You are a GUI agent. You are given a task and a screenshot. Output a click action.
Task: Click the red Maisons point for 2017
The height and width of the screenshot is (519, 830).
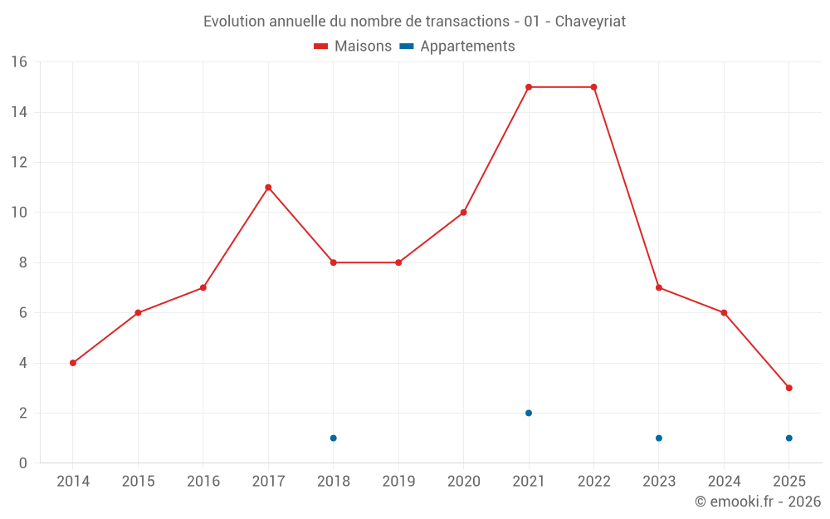tap(268, 188)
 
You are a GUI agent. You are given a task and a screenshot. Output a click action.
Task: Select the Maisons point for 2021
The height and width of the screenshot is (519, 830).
tap(529, 87)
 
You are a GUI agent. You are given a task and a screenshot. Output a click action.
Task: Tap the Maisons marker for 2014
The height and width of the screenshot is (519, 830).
tap(73, 363)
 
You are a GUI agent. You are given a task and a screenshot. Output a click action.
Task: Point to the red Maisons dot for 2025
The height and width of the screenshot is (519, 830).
tap(788, 388)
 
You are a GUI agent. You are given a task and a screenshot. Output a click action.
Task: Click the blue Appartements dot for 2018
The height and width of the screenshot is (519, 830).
tap(333, 438)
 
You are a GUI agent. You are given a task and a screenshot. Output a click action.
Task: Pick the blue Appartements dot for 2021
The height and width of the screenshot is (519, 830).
tap(529, 413)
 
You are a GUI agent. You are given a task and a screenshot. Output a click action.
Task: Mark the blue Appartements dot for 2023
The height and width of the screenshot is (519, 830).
tap(659, 438)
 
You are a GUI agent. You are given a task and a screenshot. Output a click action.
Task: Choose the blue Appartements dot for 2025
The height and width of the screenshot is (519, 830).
tap(788, 438)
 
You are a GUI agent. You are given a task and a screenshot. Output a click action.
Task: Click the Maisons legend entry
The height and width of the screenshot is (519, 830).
tap(353, 47)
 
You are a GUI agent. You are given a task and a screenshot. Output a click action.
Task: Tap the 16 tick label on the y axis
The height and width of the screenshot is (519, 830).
tap(18, 62)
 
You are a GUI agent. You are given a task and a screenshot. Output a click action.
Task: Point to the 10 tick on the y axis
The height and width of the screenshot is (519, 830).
tap(18, 213)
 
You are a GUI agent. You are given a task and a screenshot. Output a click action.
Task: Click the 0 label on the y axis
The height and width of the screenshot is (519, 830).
tap(22, 463)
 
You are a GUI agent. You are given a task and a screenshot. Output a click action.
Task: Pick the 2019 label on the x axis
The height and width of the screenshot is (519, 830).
tap(398, 482)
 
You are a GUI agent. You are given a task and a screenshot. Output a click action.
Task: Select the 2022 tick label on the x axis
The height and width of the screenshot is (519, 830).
tap(593, 482)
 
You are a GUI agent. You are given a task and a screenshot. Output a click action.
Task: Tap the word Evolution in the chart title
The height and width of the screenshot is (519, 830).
tap(234, 22)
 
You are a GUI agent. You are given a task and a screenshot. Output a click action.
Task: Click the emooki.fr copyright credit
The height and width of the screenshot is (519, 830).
tap(757, 502)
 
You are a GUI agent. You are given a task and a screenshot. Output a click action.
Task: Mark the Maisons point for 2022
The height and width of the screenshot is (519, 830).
tap(593, 87)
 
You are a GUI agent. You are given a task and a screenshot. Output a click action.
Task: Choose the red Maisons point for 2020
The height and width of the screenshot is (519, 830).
tap(463, 213)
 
